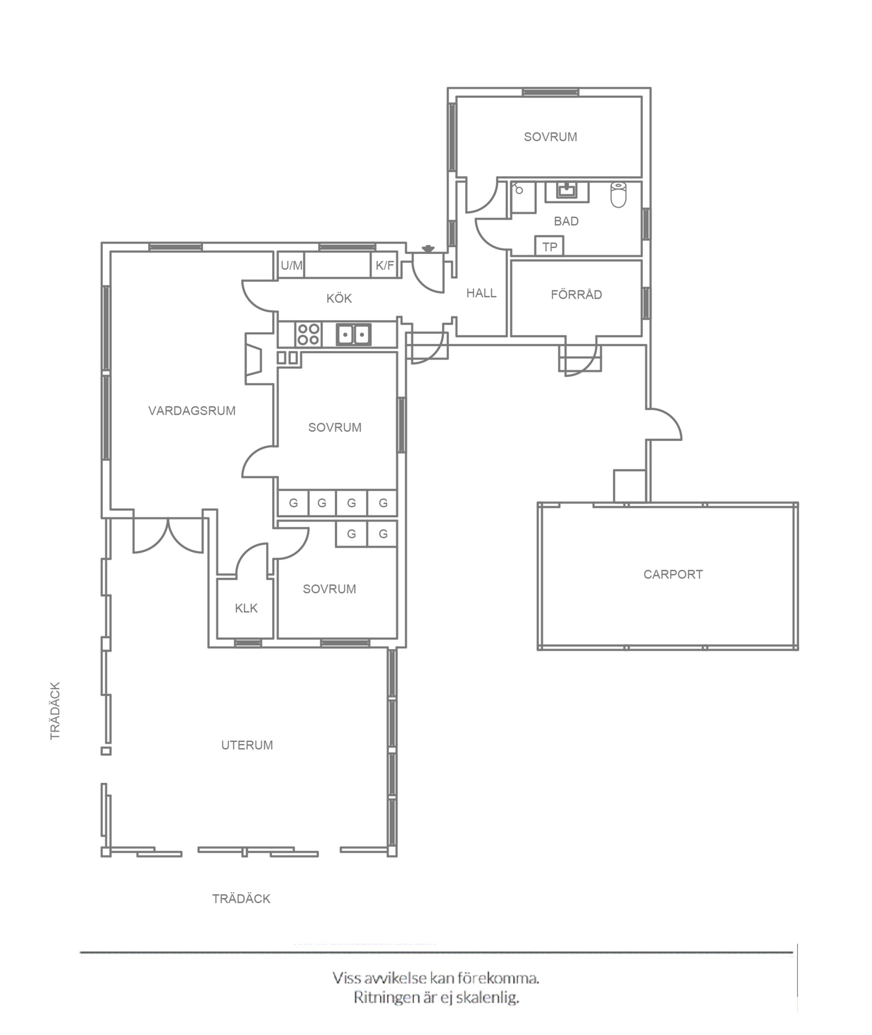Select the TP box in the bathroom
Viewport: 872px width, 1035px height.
[x=549, y=246]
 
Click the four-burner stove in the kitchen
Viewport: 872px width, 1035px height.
[x=308, y=334]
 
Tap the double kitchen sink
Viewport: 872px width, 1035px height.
[x=353, y=335]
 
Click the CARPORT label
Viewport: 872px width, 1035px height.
[x=673, y=574]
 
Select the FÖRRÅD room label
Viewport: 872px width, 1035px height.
[x=577, y=294]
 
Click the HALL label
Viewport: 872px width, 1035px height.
[x=481, y=293]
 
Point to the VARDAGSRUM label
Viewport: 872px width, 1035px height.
[x=192, y=411]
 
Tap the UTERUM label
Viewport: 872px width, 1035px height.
[x=247, y=745]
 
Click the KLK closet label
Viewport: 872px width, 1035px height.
[x=246, y=608]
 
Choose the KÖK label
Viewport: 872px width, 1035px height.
[x=339, y=298]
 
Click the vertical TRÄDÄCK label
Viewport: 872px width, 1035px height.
[x=55, y=711]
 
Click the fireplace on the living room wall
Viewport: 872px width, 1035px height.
[x=254, y=358]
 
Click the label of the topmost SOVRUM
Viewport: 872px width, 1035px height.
[x=550, y=137]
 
